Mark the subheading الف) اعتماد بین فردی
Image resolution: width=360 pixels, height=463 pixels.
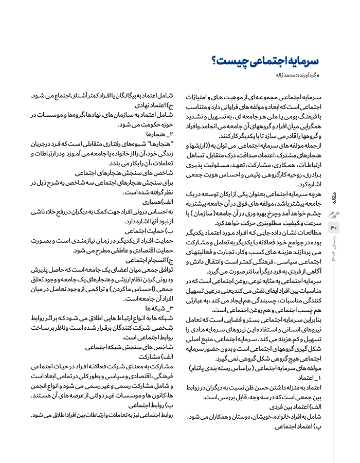pos(289,406)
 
